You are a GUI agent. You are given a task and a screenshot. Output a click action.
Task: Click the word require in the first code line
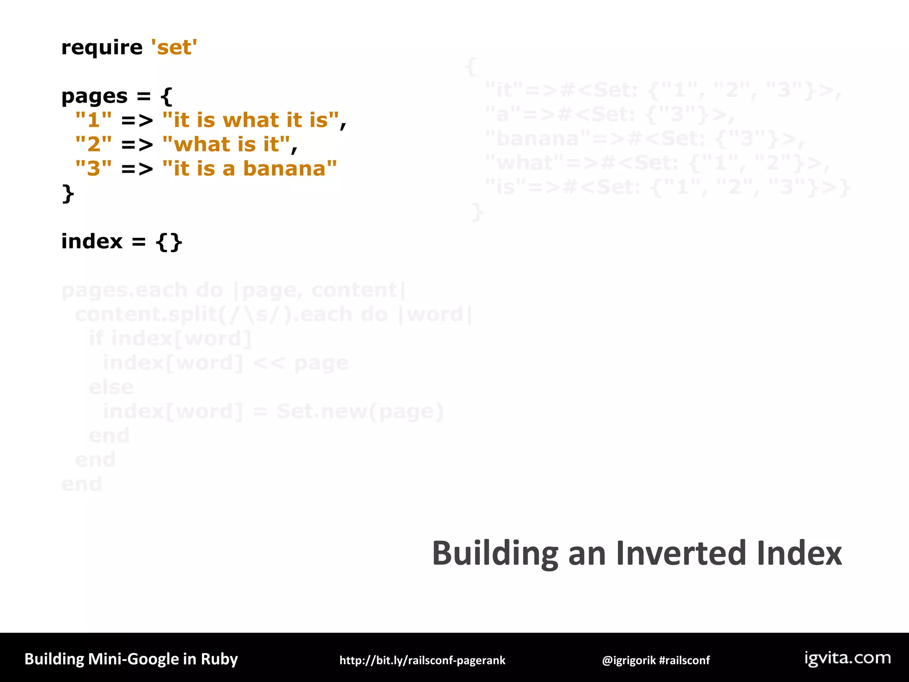coord(102,48)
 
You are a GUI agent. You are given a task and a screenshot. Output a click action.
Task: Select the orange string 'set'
coord(174,48)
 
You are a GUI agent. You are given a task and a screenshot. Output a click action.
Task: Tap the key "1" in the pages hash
coord(93,120)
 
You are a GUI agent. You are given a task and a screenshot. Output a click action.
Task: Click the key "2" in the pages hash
coord(93,145)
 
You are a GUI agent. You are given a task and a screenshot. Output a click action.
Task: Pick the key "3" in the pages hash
coord(93,169)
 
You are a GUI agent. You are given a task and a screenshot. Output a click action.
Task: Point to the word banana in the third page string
coord(285,169)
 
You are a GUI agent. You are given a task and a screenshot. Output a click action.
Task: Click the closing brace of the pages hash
coord(67,194)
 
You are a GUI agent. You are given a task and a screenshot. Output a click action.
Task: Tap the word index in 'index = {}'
coord(91,242)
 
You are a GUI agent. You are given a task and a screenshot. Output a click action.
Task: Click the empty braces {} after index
coord(169,242)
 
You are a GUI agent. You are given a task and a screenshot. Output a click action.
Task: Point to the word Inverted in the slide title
coord(682,553)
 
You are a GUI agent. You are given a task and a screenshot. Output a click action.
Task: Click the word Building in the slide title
coord(495,554)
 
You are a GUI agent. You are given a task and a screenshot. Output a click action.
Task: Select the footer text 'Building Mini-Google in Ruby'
coord(131,659)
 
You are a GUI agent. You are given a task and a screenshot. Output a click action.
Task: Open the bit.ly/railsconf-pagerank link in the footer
coord(422,660)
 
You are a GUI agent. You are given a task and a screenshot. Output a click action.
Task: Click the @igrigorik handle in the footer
coord(628,660)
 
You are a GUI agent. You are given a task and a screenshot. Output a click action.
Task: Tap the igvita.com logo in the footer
coord(847,658)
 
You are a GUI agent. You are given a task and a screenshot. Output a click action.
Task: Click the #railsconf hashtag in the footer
coord(684,660)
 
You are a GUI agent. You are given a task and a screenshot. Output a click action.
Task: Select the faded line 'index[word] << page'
coord(225,363)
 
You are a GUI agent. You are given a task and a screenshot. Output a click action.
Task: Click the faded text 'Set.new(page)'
coord(360,412)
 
